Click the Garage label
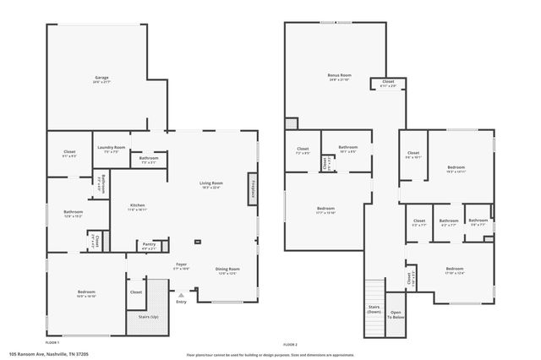[101, 79]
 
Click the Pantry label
[149, 248]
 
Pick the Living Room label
[210, 185]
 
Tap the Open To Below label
[396, 315]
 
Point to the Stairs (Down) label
[373, 308]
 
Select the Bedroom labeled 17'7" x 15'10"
[325, 210]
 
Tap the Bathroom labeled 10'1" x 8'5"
[347, 150]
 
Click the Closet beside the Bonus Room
[388, 84]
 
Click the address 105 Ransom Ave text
[49, 354]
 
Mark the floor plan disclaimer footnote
[270, 355]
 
